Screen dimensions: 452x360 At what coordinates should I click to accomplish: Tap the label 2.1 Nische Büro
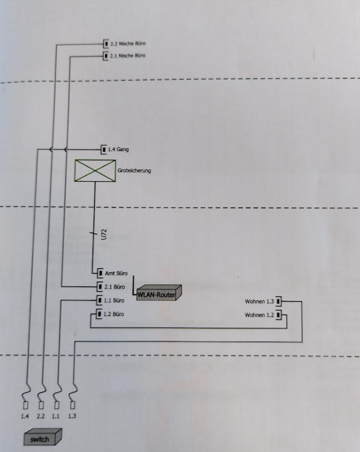pos(128,55)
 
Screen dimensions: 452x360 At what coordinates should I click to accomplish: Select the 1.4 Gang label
pos(118,150)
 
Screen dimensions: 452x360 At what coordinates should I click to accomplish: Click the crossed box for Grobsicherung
pos(95,170)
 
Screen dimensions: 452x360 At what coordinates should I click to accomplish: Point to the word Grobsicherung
pos(134,170)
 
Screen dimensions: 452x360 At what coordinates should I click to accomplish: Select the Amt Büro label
pos(116,273)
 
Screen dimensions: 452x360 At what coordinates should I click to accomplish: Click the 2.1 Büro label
pos(115,286)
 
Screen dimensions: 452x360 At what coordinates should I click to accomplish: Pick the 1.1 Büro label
pos(115,300)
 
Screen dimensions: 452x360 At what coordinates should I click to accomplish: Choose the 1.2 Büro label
pos(115,313)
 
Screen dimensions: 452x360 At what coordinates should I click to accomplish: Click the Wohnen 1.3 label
pos(259,301)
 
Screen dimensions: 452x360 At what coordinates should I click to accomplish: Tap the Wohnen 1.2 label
pos(259,315)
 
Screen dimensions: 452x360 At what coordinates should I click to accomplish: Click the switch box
pos(42,438)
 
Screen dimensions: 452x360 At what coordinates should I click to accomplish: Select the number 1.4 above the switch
pos(25,416)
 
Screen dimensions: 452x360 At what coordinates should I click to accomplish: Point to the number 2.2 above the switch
pos(41,416)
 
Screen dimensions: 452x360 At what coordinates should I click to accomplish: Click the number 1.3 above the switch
pos(71,416)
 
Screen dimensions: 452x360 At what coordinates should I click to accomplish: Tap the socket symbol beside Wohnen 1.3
pos(278,301)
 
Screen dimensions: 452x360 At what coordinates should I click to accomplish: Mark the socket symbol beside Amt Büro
pos(100,273)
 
